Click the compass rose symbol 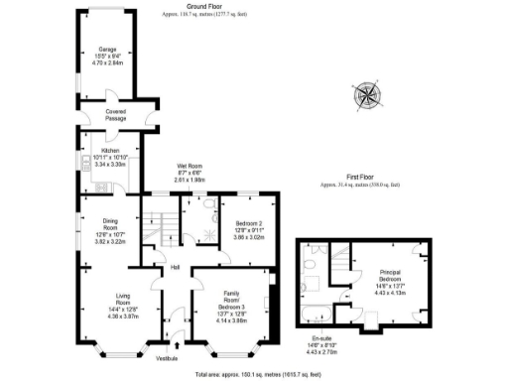coord(368,96)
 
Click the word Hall coord(175,267)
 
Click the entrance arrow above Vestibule coord(178,344)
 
